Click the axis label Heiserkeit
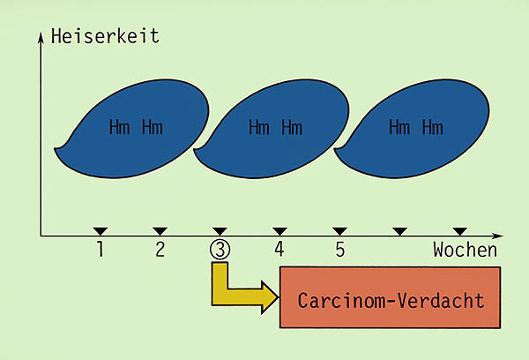pyautogui.click(x=105, y=36)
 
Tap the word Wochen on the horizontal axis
pyautogui.click(x=465, y=250)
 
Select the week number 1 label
pyautogui.click(x=101, y=250)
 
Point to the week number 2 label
pyautogui.click(x=160, y=250)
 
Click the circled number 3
pyautogui.click(x=220, y=250)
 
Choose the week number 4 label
pyautogui.click(x=279, y=250)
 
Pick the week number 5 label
pyautogui.click(x=339, y=250)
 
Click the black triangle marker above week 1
pyautogui.click(x=101, y=231)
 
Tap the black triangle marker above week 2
pyautogui.click(x=160, y=231)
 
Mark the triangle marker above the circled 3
pyautogui.click(x=220, y=231)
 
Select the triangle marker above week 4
pyautogui.click(x=279, y=231)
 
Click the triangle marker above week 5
pyautogui.click(x=339, y=231)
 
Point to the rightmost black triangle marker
pyautogui.click(x=459, y=231)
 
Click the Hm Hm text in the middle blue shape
pyautogui.click(x=275, y=127)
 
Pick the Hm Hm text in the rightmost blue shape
pyautogui.click(x=416, y=127)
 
